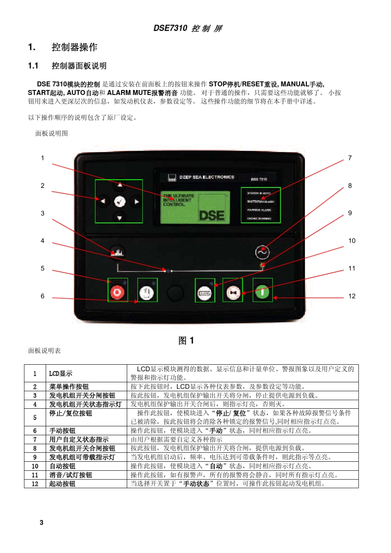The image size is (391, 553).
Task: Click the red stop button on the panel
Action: [x=117, y=292]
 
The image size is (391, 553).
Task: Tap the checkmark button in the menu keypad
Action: [x=119, y=201]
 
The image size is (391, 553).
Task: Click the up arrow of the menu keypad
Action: [x=119, y=185]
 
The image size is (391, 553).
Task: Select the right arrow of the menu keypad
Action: [x=136, y=201]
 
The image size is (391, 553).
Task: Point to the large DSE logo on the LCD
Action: [x=212, y=215]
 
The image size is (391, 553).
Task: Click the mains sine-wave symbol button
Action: [x=262, y=252]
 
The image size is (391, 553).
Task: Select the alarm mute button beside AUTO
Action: [x=233, y=292]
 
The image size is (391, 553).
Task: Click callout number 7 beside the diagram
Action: [x=350, y=158]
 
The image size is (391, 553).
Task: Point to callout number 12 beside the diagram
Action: [x=352, y=296]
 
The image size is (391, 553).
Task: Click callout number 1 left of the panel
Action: [x=42, y=158]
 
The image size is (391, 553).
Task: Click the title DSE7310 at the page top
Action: [x=170, y=28]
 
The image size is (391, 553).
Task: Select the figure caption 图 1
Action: [x=186, y=340]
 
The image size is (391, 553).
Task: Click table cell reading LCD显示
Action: [x=61, y=373]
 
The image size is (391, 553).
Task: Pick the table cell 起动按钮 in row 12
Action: [x=63, y=484]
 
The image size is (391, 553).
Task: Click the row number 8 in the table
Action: [x=35, y=448]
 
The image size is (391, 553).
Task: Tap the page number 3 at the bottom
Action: [x=42, y=522]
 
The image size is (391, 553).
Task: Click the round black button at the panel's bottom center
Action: [x=175, y=293]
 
